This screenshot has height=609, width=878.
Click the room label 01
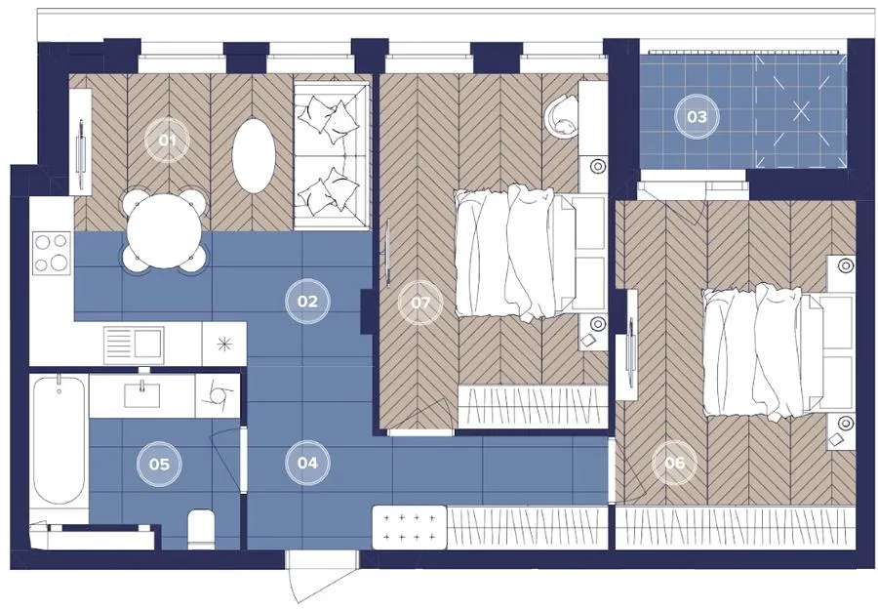[x=168, y=141]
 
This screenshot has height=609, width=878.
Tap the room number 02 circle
[x=307, y=302]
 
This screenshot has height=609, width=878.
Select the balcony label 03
[x=697, y=116]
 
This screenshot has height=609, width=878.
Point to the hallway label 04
[x=307, y=463]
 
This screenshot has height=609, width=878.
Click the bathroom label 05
[x=160, y=464]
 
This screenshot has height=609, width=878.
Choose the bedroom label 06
[x=675, y=463]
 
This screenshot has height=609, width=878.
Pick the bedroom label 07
[x=420, y=304]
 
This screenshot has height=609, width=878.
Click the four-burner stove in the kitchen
[x=52, y=253]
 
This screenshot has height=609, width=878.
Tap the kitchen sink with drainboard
[x=134, y=345]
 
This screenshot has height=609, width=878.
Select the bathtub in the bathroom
[x=60, y=440]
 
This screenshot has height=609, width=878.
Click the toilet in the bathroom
[x=201, y=528]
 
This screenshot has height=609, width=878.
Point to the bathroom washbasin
[x=141, y=394]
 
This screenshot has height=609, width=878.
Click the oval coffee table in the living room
[x=254, y=155]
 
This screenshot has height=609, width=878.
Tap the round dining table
[x=164, y=231]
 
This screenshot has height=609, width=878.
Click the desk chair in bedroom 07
[x=561, y=116]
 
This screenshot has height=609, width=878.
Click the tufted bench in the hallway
[x=410, y=527]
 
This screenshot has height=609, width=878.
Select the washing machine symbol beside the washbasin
[x=218, y=395]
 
